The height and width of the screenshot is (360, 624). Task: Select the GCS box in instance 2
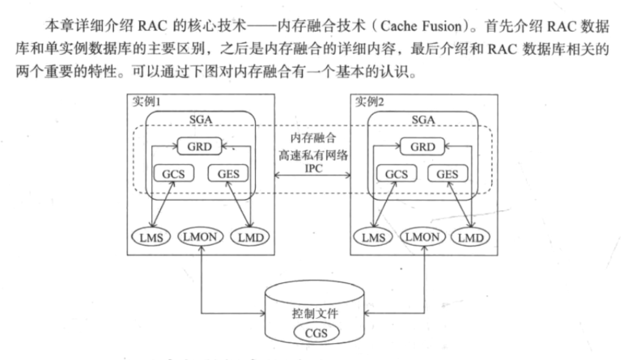click(x=397, y=174)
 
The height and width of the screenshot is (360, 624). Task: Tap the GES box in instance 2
click(x=445, y=174)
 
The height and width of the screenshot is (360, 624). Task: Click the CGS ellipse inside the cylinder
click(x=311, y=333)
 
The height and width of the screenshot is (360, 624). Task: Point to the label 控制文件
click(x=311, y=312)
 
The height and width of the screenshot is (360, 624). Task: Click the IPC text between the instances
click(x=312, y=169)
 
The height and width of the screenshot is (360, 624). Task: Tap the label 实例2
click(x=368, y=101)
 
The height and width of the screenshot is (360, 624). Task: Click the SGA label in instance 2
click(x=422, y=119)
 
